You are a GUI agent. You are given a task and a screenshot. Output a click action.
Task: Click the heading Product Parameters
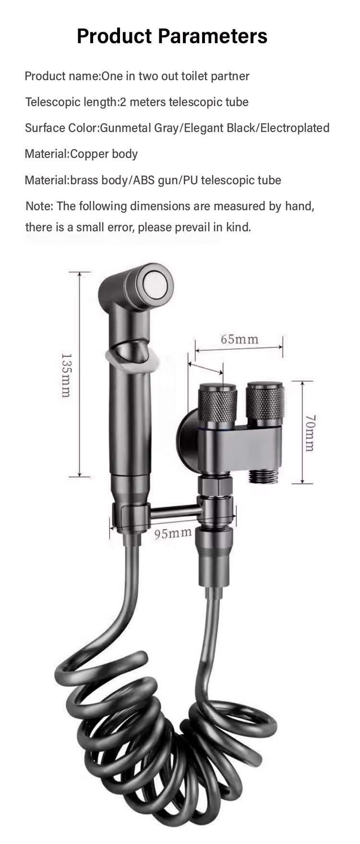click(172, 36)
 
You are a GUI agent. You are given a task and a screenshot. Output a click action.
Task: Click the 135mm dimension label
click(66, 375)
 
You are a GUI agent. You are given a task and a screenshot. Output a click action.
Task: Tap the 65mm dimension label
click(240, 339)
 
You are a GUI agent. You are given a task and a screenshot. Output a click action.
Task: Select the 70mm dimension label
click(309, 433)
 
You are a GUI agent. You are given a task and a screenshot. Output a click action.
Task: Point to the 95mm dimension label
click(173, 533)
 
